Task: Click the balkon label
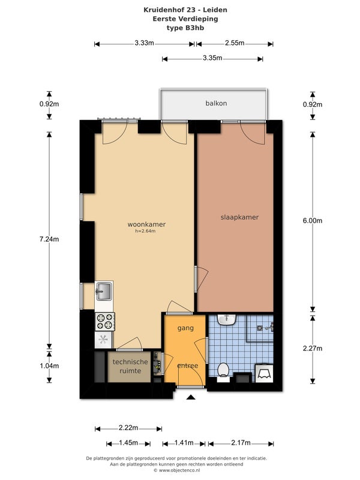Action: (216, 103)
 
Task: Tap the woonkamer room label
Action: (146, 224)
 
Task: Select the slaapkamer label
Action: (239, 217)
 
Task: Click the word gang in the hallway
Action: (185, 328)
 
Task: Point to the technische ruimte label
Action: (130, 366)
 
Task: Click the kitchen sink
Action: (104, 291)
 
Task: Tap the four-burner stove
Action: (104, 322)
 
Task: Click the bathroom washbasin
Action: (227, 320)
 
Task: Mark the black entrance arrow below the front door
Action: (191, 397)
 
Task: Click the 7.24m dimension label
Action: (49, 239)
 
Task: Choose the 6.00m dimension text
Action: (313, 221)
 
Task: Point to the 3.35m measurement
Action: (212, 58)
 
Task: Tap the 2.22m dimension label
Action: (128, 428)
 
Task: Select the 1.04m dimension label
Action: (49, 366)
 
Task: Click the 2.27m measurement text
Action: (313, 349)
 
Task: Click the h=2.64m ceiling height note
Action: (145, 231)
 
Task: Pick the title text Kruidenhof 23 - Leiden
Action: (185, 10)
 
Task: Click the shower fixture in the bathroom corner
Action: (266, 328)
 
